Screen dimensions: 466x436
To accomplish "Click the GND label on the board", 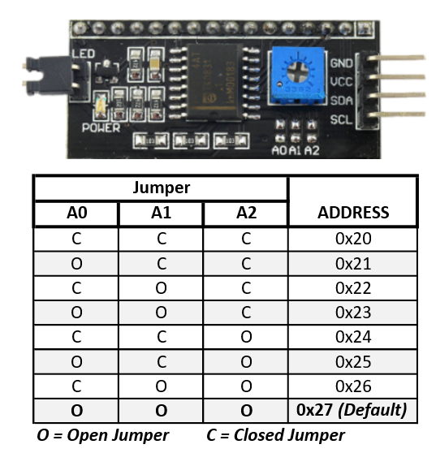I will (341, 63).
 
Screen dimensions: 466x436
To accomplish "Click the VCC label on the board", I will (341, 81).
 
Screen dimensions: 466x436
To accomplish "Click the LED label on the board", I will (83, 54).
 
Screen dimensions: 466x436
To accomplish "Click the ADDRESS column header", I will (352, 214).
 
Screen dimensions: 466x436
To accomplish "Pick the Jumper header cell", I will (161, 188).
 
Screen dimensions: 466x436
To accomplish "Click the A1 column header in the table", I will (161, 214).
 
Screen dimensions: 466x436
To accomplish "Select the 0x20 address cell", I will (352, 239).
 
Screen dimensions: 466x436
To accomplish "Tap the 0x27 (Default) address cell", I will (352, 410).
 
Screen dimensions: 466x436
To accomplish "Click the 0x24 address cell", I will (352, 337).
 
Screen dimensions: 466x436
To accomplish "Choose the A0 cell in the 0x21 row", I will (76, 264).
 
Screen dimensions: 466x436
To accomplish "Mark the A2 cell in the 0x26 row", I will (246, 386).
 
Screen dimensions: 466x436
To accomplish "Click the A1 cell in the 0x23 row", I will (161, 313).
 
